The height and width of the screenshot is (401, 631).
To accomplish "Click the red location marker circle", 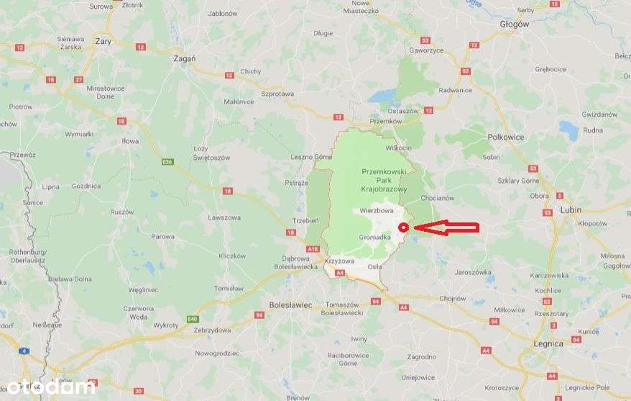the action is pyautogui.click(x=403, y=227).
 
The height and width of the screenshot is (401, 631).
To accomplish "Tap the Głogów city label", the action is pyautogui.click(x=513, y=24).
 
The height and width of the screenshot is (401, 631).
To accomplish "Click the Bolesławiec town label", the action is pyautogui.click(x=290, y=305).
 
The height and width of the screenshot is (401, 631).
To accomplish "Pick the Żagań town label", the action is pyautogui.click(x=185, y=58).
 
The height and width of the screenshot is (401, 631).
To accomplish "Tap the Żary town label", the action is pyautogui.click(x=103, y=42).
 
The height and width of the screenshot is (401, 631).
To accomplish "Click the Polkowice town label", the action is pyautogui.click(x=506, y=137).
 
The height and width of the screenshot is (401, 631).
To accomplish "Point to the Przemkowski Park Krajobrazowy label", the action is pyautogui.click(x=384, y=181).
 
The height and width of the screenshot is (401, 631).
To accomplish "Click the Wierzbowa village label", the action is pyautogui.click(x=377, y=211).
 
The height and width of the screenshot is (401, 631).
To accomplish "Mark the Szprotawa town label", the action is pyautogui.click(x=278, y=94).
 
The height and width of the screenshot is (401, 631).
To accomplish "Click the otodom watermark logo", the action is pyautogui.click(x=50, y=387).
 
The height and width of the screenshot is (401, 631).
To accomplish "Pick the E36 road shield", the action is pyautogui.click(x=168, y=161).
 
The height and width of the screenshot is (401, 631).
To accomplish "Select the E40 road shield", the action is pyautogui.click(x=192, y=319).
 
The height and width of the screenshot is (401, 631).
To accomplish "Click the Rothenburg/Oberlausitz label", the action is pyautogui.click(x=27, y=256).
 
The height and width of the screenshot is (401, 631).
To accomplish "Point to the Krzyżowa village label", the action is pyautogui.click(x=339, y=260).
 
